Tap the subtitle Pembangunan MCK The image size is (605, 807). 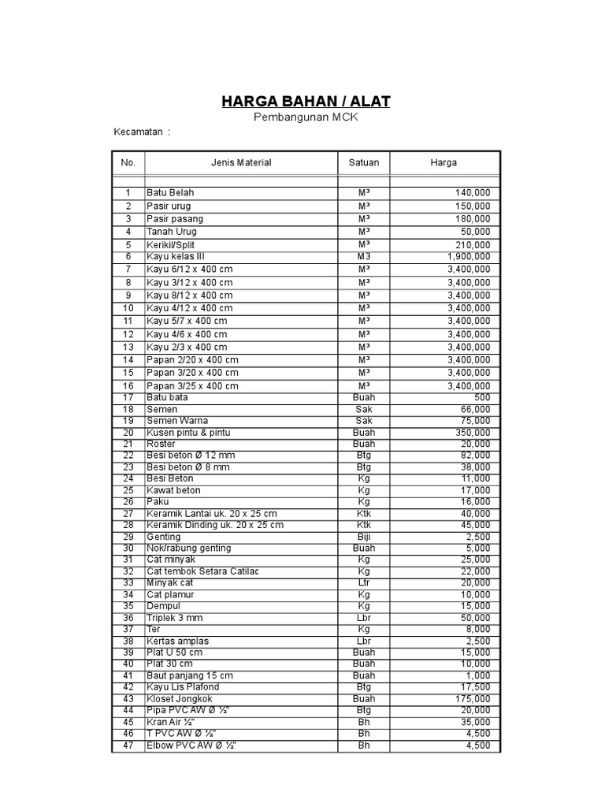click(305, 117)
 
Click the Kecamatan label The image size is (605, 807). click(143, 132)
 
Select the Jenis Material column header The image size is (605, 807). click(241, 163)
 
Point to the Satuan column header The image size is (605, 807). click(364, 163)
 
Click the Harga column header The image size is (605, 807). click(443, 163)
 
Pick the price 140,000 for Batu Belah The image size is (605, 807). click(472, 193)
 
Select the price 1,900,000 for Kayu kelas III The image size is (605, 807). click(468, 257)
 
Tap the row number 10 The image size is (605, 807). click(128, 308)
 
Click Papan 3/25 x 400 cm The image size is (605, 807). click(192, 386)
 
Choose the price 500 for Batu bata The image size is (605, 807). click(481, 398)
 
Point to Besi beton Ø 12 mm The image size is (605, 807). click(191, 456)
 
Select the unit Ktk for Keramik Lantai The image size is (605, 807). click(364, 514)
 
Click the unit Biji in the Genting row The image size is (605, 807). click(364, 537)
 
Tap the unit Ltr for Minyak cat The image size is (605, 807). click(364, 583)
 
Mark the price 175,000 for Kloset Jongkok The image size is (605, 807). click(472, 699)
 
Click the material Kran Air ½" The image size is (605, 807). click(170, 722)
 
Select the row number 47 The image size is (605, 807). click(128, 746)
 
